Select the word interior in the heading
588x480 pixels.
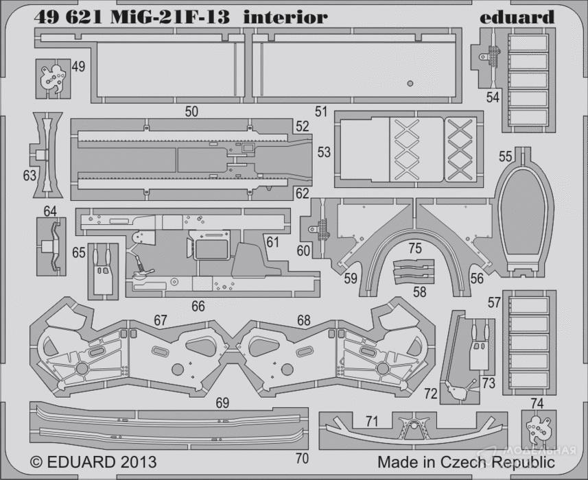coord(285,16)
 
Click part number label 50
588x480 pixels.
coord(191,111)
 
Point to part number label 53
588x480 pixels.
coord(324,151)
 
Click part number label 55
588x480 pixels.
coord(505,156)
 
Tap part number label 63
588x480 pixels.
coord(29,176)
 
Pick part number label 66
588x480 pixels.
coord(198,307)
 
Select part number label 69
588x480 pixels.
coord(222,403)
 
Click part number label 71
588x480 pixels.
coord(371,421)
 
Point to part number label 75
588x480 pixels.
coord(414,248)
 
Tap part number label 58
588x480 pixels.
coord(419,291)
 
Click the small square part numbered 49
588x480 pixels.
coord(50,79)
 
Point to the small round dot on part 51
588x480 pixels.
coord(410,84)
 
